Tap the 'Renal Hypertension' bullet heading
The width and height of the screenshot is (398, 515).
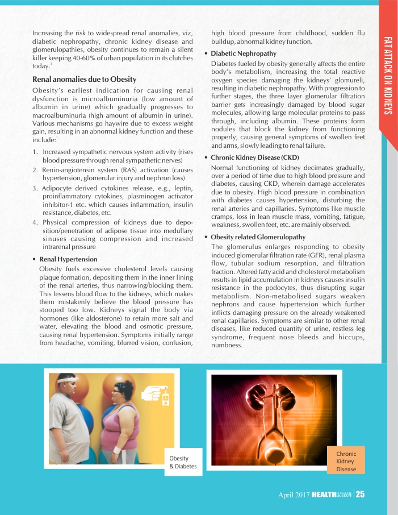(68, 259)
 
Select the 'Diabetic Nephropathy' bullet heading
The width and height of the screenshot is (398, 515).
(243, 53)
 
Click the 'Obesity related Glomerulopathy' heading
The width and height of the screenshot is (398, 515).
(258, 236)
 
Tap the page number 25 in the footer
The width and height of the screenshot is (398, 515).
(360, 494)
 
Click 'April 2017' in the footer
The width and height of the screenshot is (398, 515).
(294, 495)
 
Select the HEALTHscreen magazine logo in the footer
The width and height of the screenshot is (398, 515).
(332, 495)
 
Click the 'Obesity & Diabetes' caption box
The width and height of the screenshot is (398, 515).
(183, 462)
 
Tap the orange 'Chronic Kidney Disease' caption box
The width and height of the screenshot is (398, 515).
(346, 461)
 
